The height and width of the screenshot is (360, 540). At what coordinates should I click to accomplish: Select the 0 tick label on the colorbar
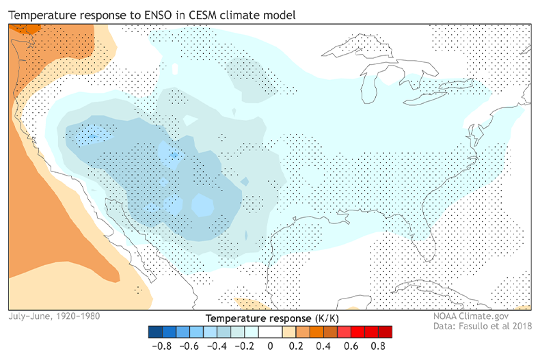click(270, 346)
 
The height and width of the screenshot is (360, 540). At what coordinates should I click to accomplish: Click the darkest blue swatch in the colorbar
click(154, 332)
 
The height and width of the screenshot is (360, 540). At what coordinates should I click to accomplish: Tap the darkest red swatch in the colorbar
click(386, 332)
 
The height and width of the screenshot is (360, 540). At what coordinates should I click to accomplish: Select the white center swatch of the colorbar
click(270, 332)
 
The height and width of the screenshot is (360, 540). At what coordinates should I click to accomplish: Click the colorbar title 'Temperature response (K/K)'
click(269, 318)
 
